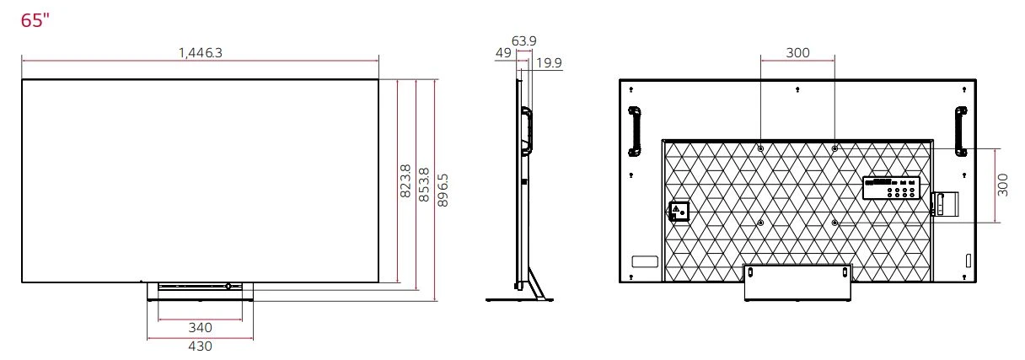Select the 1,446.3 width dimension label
point(201,52)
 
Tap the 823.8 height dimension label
point(405,182)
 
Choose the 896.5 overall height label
point(443,191)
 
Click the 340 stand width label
point(200,327)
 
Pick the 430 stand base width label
point(200,346)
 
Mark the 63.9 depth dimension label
point(524,40)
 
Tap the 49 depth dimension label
point(503,52)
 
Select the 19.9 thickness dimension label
point(549,64)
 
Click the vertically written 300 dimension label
point(1002,185)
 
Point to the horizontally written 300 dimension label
point(797,52)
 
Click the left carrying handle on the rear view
point(635,131)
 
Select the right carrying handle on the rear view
point(961,131)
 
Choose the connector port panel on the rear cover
point(890,189)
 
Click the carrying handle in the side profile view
point(527,131)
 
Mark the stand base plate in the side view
point(518,299)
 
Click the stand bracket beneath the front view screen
point(200,290)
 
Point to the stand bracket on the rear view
point(797,282)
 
